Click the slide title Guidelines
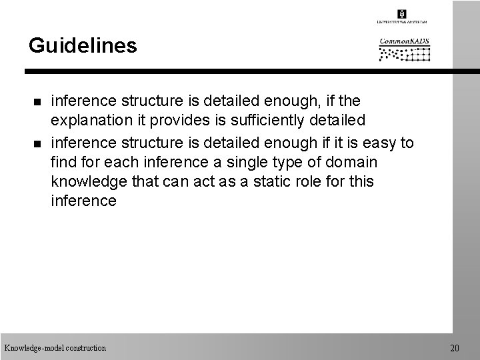click(x=83, y=45)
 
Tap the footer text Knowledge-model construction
click(x=55, y=348)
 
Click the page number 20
click(x=455, y=348)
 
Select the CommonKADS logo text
click(x=405, y=41)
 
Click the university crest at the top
click(x=401, y=14)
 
